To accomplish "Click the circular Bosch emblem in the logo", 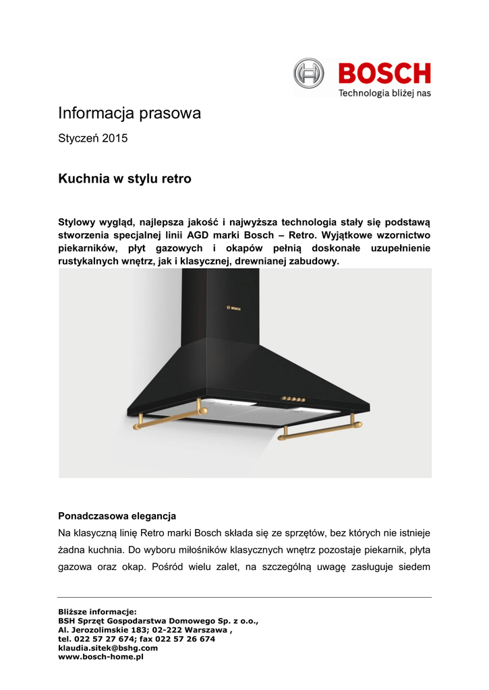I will click(309, 73).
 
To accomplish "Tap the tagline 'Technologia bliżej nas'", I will click(384, 93).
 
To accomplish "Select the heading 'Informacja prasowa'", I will click(130, 113).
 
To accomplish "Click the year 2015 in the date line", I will click(115, 139).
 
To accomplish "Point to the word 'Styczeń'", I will click(78, 139).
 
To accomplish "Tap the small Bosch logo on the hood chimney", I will click(232, 309).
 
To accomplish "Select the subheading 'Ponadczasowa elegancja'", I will click(117, 516).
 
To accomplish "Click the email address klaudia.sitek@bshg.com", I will click(108, 648).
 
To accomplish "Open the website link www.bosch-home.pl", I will click(101, 656).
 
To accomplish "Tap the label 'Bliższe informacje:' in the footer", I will click(97, 612).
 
